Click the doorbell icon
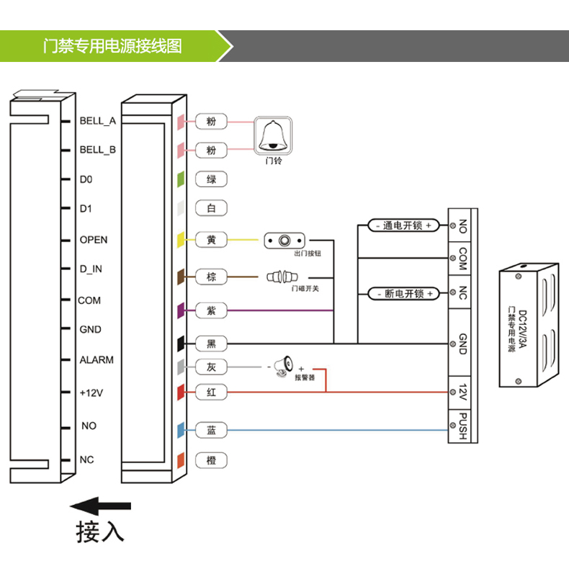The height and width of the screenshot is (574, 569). click(x=273, y=135)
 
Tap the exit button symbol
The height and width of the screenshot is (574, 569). click(x=286, y=240)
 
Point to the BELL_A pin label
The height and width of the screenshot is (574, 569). click(x=97, y=121)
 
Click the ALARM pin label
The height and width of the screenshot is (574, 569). click(x=97, y=360)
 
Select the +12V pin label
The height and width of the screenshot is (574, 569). click(x=92, y=393)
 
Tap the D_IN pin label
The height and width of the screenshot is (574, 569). click(x=91, y=269)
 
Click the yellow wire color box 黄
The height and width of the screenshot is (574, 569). click(x=211, y=240)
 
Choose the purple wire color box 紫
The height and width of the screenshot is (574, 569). click(x=211, y=310)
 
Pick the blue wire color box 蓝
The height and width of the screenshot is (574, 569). click(x=211, y=430)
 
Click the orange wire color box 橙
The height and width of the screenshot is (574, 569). click(x=211, y=460)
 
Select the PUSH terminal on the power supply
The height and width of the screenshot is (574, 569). click(x=462, y=426)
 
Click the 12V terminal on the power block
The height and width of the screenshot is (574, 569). click(x=462, y=393)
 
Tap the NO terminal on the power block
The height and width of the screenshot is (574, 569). click(x=462, y=225)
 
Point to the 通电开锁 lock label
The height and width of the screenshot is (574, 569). click(x=403, y=225)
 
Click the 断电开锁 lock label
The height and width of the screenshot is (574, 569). click(x=403, y=294)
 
